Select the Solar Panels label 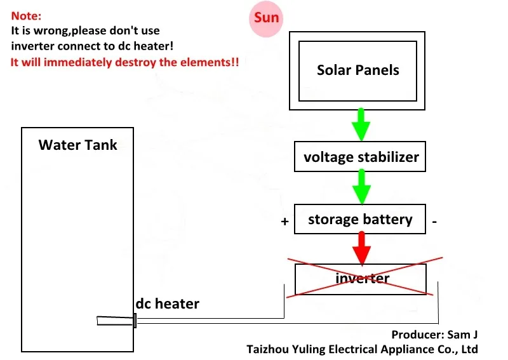pyautogui.click(x=358, y=70)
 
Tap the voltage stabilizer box pyautogui.click(x=361, y=157)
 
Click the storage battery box pyautogui.click(x=360, y=220)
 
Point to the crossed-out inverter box pyautogui.click(x=361, y=279)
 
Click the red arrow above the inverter pyautogui.click(x=361, y=248)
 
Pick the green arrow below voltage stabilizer pyautogui.click(x=361, y=187)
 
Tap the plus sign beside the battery pyautogui.click(x=285, y=222)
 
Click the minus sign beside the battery pyautogui.click(x=434, y=222)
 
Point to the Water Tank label pyautogui.click(x=77, y=145)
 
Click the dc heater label pyautogui.click(x=167, y=304)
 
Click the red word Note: pyautogui.click(x=26, y=17)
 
